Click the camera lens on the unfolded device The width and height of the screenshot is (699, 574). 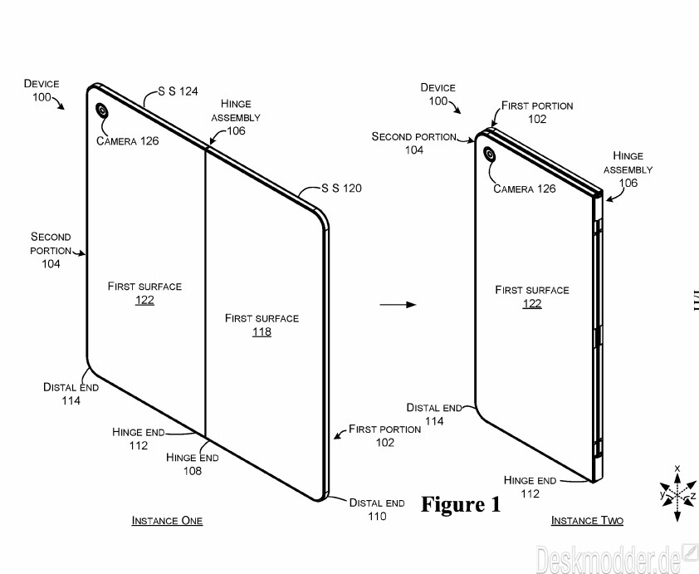[101, 110]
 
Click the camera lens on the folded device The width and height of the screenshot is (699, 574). [490, 155]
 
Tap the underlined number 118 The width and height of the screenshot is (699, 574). [262, 331]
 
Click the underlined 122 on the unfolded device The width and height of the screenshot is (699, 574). [145, 300]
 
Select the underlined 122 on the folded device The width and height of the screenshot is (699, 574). [532, 303]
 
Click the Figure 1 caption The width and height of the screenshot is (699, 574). [461, 504]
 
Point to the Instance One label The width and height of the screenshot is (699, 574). [167, 521]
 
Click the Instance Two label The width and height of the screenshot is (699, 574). [587, 521]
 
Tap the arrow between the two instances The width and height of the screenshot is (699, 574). [398, 305]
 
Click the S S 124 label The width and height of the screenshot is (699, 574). [178, 91]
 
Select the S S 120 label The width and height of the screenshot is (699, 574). [341, 189]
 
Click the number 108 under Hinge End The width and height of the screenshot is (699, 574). [193, 471]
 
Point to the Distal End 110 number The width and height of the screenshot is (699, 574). [377, 516]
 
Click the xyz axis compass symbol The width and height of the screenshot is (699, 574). [677, 493]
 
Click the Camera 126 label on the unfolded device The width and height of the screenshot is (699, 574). [128, 141]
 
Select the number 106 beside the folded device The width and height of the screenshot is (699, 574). [628, 183]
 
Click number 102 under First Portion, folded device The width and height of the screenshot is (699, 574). [537, 119]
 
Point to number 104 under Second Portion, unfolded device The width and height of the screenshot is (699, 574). [51, 264]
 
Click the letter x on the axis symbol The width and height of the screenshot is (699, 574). [677, 468]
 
